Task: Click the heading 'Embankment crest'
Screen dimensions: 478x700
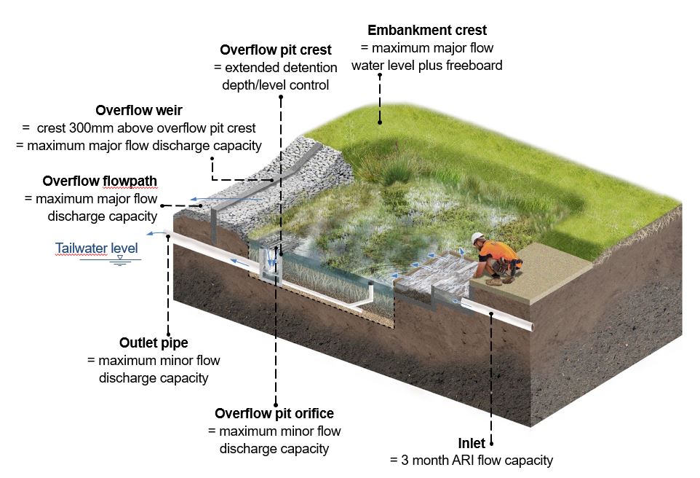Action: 426,31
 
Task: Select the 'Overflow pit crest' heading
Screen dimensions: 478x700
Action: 275,50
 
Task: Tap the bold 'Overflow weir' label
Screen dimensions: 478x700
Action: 139,111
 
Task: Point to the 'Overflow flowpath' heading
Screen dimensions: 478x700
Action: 100,181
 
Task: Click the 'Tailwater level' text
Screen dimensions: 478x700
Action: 96,248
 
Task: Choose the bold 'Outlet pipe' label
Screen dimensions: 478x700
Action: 153,342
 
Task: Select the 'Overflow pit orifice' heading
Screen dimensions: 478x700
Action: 274,414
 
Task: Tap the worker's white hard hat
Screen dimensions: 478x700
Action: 478,238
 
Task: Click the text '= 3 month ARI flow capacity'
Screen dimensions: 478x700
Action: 472,461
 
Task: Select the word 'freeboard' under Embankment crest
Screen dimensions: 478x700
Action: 474,66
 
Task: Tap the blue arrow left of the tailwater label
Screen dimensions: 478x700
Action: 154,233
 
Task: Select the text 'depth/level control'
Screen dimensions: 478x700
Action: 275,85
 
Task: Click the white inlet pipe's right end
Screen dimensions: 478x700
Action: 529,325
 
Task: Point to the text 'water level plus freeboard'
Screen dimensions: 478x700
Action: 426,66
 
